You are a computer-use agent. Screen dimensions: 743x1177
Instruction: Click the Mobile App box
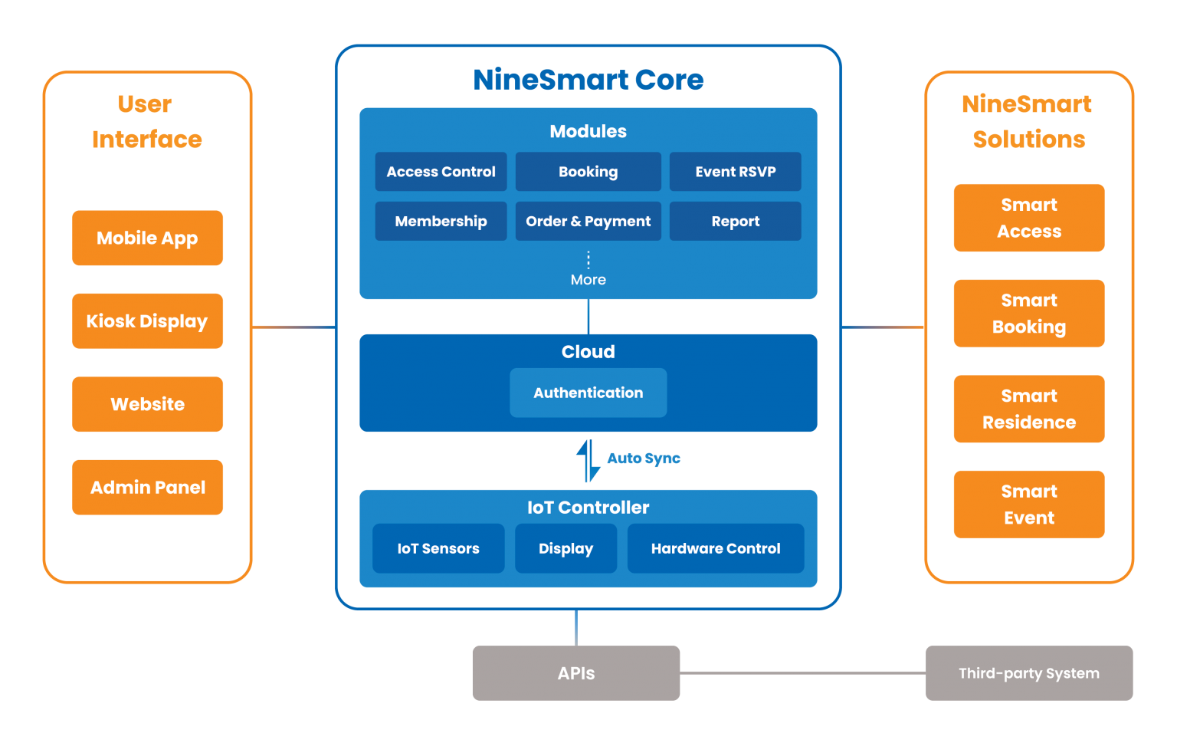[147, 238]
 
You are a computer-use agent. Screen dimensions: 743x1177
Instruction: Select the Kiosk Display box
[147, 321]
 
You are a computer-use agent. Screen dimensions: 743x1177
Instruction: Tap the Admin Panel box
[147, 487]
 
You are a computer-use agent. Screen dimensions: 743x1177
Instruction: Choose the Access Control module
[441, 172]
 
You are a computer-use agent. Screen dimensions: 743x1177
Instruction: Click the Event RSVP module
[735, 172]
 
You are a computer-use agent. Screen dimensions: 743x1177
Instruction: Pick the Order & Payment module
[588, 221]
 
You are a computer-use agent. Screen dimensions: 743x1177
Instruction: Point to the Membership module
[441, 221]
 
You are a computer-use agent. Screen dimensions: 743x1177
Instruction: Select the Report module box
[735, 221]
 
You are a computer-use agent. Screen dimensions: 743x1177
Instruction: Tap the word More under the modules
[588, 280]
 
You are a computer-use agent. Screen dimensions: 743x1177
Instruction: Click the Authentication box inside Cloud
[588, 393]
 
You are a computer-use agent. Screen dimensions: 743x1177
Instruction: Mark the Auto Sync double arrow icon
[588, 460]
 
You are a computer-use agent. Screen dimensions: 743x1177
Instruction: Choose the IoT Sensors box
[438, 548]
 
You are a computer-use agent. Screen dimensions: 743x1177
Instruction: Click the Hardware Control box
[715, 548]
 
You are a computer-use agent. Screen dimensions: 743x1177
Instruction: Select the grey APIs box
[575, 672]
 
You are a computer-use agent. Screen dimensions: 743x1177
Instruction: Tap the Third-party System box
[1028, 672]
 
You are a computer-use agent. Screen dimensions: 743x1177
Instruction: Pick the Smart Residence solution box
[1028, 409]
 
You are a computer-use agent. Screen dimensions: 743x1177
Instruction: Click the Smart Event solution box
[1028, 504]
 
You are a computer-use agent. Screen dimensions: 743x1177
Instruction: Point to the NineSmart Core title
[588, 80]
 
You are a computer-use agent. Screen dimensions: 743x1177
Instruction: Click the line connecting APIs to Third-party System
[802, 672]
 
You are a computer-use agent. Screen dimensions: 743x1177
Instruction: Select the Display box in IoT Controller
[566, 548]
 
